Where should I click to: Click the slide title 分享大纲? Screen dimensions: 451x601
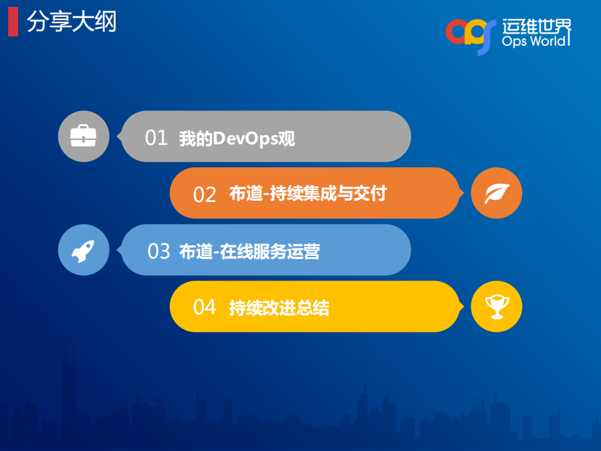point(71,23)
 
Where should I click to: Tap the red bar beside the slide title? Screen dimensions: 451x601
point(13,23)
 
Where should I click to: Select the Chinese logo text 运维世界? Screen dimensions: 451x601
point(536,26)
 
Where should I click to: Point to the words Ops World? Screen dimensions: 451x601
point(535,42)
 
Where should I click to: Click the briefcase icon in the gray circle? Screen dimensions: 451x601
point(83,137)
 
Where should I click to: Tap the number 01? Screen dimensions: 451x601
point(157,138)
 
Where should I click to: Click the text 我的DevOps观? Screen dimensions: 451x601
point(236,139)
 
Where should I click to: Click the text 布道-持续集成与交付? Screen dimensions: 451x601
point(308,194)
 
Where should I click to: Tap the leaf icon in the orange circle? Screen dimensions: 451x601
point(496,193)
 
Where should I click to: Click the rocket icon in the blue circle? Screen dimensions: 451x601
point(83,250)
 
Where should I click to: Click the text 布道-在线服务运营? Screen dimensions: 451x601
point(249,252)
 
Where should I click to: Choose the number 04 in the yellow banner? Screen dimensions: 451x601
point(204,307)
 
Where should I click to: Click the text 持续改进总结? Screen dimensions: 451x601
point(279,308)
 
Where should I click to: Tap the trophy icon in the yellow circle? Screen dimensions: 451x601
point(496,307)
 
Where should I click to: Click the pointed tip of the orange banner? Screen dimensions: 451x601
point(464,193)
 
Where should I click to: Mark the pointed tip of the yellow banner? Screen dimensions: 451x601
point(464,307)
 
